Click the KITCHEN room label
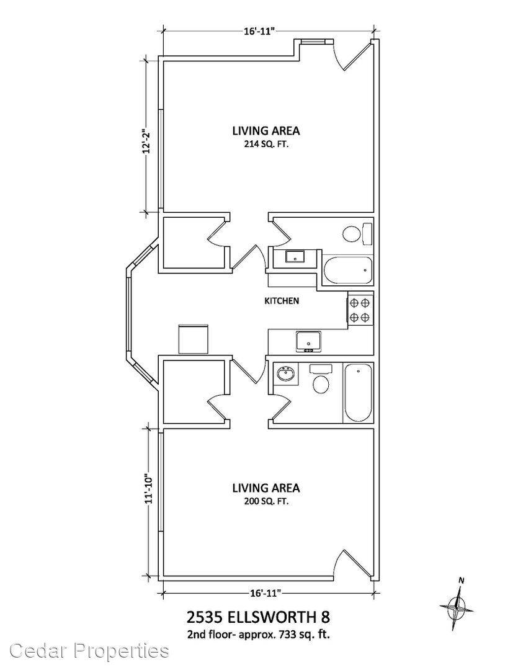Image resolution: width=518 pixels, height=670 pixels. tap(282, 301)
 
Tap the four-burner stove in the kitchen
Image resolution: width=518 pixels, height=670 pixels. tap(360, 310)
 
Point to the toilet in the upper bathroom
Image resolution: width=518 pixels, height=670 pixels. tap(357, 233)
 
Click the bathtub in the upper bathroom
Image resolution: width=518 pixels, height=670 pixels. tap(347, 270)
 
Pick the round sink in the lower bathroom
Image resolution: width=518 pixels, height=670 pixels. tap(285, 375)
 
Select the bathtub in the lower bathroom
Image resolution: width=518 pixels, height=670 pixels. tap(358, 393)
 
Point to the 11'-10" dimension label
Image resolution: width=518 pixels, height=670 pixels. tap(146, 488)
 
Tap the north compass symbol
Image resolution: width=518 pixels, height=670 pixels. tap(457, 606)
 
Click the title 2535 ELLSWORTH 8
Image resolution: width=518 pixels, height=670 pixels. tap(258, 617)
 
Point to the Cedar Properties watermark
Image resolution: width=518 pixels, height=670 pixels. tap(89, 651)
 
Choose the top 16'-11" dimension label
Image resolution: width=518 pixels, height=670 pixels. tap(259, 32)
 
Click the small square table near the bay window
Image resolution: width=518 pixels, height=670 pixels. tap(193, 339)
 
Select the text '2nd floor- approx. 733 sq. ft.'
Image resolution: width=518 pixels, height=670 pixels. tap(258, 635)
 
